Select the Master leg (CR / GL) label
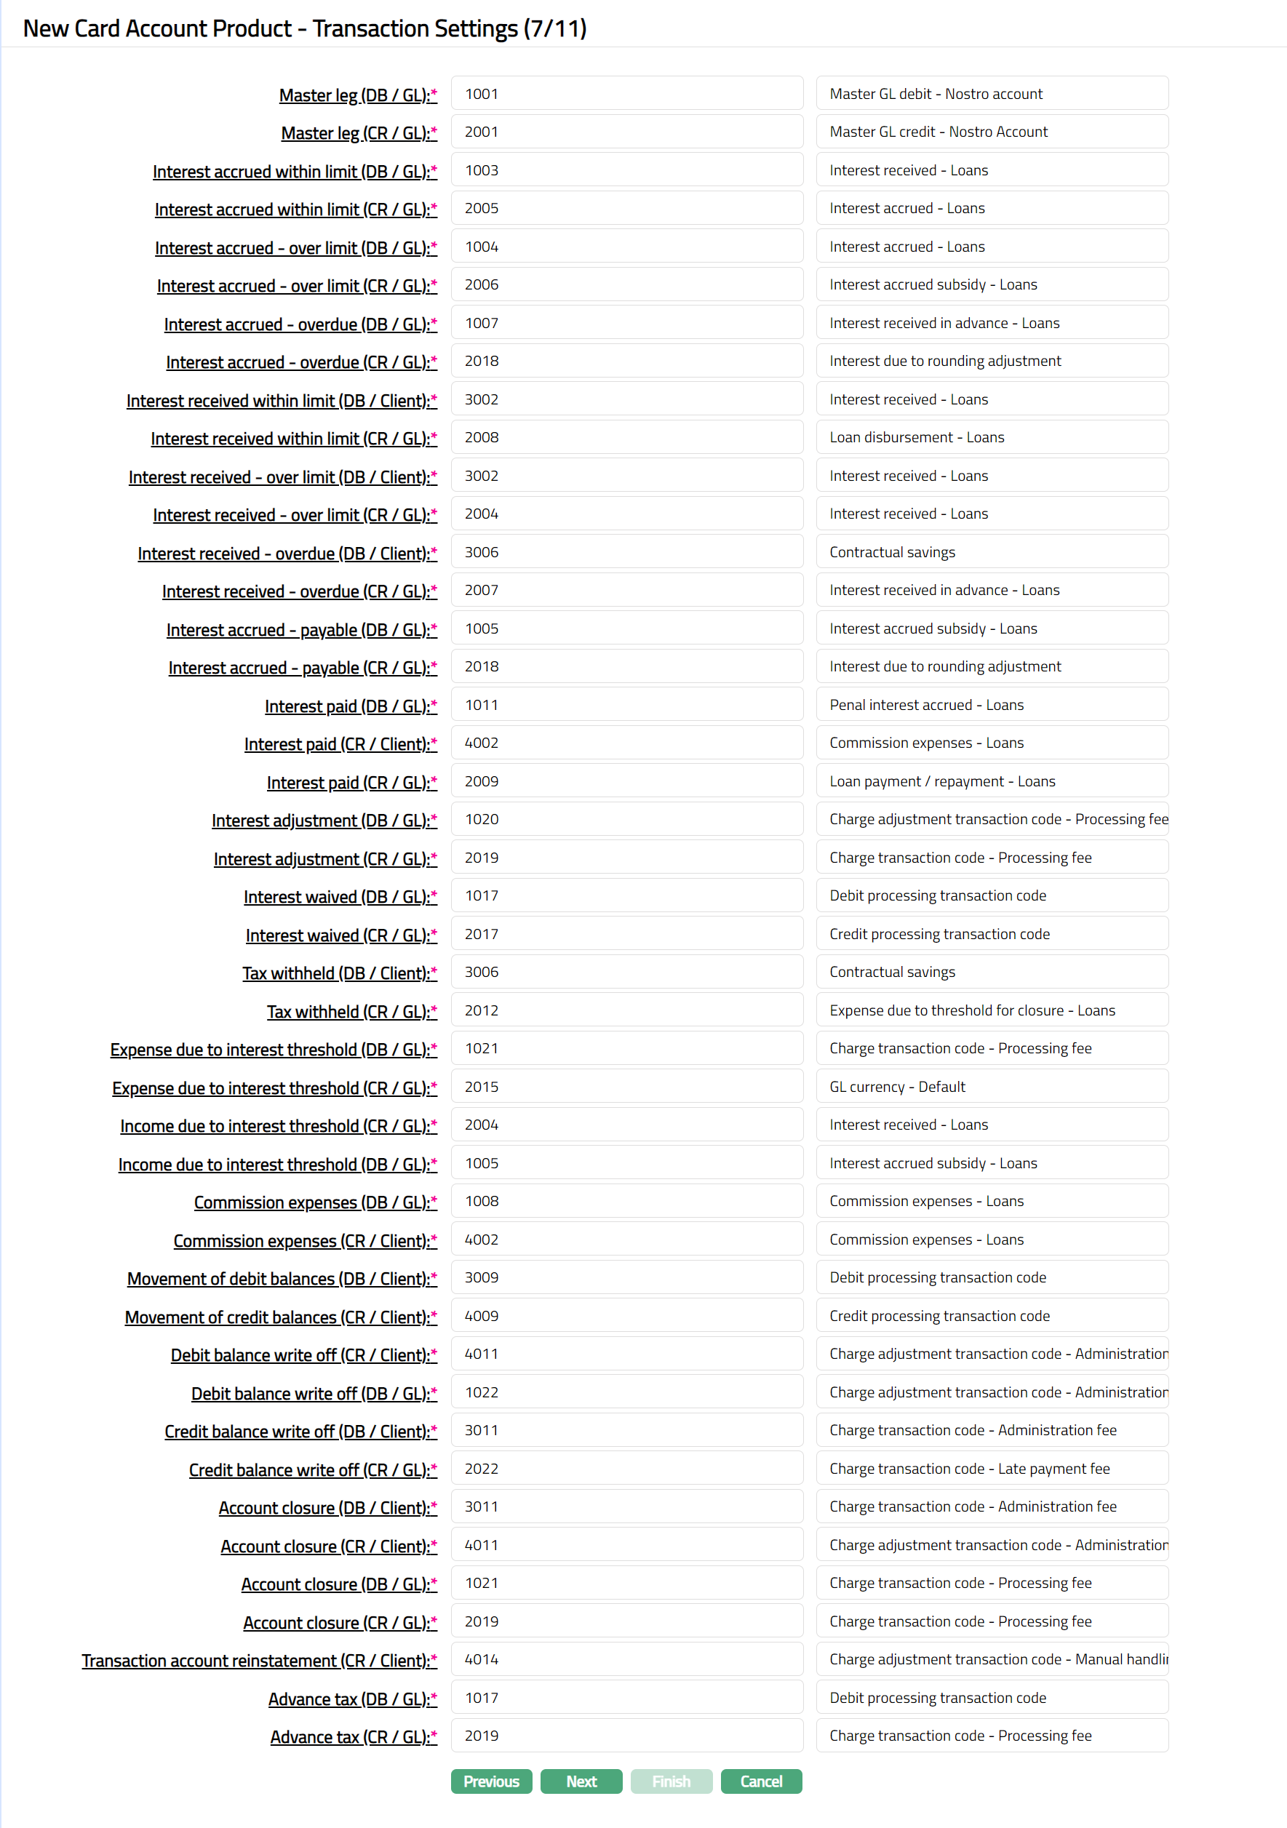359,133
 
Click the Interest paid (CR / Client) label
340,743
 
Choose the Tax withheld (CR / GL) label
351,1011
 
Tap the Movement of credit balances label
280,1317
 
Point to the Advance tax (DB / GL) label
352,1699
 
